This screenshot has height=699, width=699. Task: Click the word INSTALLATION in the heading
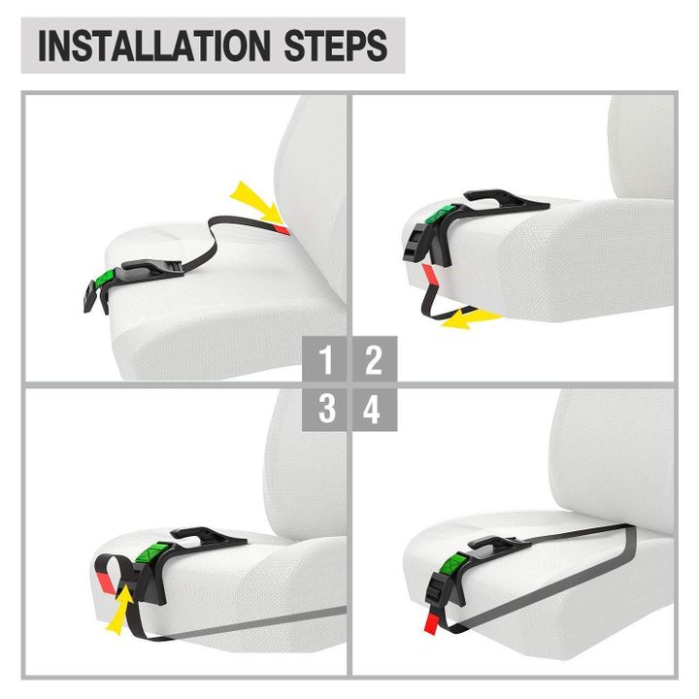click(x=154, y=46)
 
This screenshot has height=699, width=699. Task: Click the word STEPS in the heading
click(x=335, y=46)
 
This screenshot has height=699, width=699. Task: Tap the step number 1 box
click(x=324, y=358)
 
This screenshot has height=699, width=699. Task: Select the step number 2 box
click(x=375, y=358)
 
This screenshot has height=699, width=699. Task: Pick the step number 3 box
click(x=324, y=409)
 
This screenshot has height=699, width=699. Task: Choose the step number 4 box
click(x=375, y=409)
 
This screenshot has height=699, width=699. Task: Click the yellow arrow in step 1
click(x=256, y=202)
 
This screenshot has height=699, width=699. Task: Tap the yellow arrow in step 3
click(x=120, y=610)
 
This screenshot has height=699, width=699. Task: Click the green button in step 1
click(x=105, y=280)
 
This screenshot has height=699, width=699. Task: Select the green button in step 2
click(x=442, y=214)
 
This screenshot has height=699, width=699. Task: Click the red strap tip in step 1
click(x=282, y=229)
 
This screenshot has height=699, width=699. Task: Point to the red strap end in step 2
click(x=430, y=274)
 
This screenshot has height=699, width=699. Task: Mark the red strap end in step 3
click(x=107, y=582)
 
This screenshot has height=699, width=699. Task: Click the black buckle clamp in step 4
click(x=437, y=592)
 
